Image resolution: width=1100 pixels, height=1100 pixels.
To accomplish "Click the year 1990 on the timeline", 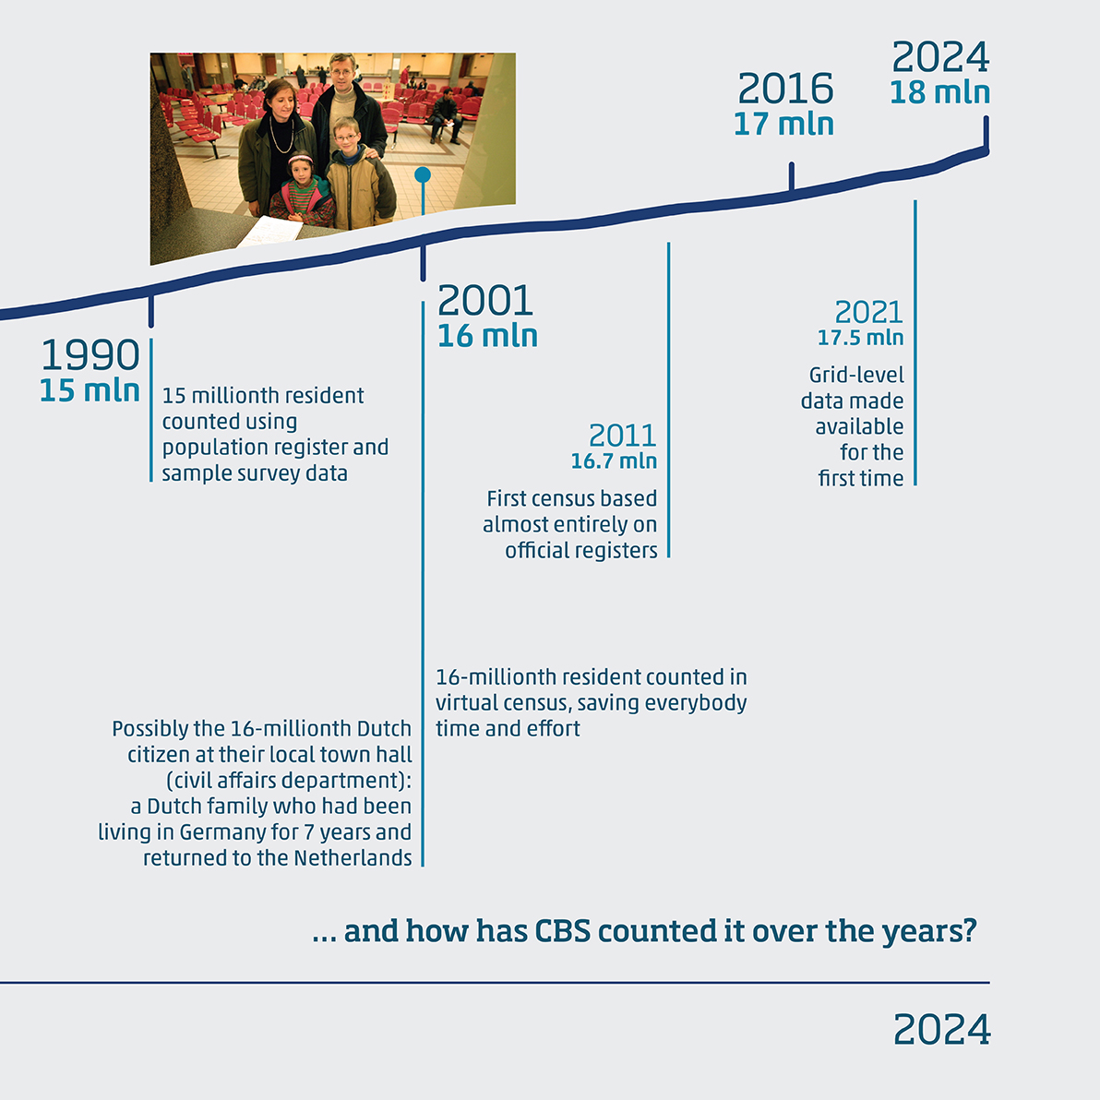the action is (x=90, y=354).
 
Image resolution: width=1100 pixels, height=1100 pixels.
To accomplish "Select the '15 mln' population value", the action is (x=90, y=390).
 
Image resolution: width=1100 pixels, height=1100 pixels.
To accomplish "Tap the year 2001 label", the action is (x=485, y=300).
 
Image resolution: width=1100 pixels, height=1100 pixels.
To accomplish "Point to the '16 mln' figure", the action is (x=487, y=336).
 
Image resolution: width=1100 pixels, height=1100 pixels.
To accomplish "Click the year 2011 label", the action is (x=623, y=436).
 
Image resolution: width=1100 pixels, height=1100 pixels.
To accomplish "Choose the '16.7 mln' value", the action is (x=614, y=460).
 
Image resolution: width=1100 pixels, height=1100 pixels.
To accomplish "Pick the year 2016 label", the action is (x=785, y=89).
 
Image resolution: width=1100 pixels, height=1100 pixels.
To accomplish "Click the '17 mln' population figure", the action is (x=783, y=125).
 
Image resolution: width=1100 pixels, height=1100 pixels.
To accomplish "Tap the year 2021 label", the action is (x=869, y=312).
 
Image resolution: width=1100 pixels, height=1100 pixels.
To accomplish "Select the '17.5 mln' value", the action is (x=860, y=338).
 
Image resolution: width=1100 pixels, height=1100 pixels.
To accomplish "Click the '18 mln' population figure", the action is (x=940, y=92).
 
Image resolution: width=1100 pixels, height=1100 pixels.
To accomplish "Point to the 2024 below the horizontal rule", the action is (x=941, y=1029).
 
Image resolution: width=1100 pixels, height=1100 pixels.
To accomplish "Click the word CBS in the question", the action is (x=562, y=931).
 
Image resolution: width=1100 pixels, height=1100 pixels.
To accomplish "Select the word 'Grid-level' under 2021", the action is (x=856, y=376).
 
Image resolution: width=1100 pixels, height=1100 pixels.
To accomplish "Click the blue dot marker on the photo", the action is (x=423, y=174).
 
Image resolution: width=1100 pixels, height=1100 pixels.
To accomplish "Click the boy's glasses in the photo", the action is (x=347, y=136).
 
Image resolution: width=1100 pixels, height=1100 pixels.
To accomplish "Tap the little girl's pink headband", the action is (x=300, y=158).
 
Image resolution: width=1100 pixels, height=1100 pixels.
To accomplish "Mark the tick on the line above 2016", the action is (x=792, y=176).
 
